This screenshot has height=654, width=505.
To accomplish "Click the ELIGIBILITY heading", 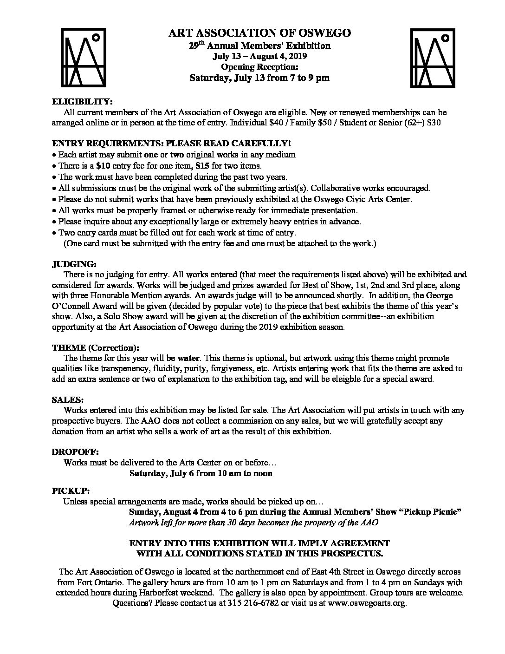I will coord(82,102).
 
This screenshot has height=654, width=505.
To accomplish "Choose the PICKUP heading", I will coord(71,491).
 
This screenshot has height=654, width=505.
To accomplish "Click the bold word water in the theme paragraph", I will coord(188,359).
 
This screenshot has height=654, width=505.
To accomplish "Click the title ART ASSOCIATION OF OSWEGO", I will coord(259,33).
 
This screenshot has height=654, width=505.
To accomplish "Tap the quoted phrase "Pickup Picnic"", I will coord(430,512).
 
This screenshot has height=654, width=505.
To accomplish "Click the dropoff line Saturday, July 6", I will coord(201,473).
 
